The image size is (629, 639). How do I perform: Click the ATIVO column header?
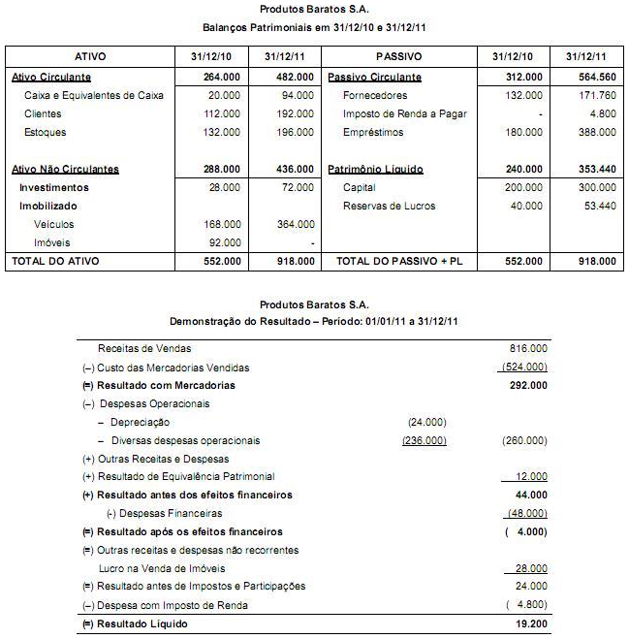pyautogui.click(x=90, y=56)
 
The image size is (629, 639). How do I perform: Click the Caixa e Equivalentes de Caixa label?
pyautogui.click(x=94, y=95)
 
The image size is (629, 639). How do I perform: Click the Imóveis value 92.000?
pyautogui.click(x=224, y=242)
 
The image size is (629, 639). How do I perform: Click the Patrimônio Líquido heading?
pyautogui.click(x=376, y=169)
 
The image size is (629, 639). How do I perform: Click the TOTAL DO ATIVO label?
pyautogui.click(x=56, y=261)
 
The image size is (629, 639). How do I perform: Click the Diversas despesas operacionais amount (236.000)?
pyautogui.click(x=424, y=440)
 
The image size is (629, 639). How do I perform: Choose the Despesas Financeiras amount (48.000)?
pyautogui.click(x=527, y=513)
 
